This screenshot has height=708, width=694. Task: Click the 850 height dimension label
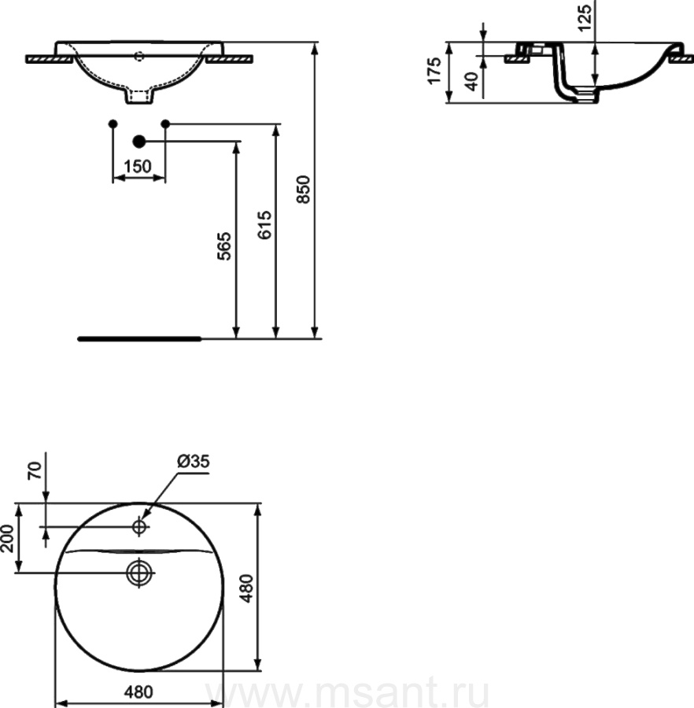click(x=304, y=190)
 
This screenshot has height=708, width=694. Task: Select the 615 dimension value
click(x=264, y=225)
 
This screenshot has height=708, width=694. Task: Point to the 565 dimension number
click(x=224, y=246)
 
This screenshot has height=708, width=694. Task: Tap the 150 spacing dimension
click(x=137, y=167)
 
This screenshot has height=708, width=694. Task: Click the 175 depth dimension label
click(x=434, y=71)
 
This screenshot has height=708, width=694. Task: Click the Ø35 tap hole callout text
click(x=194, y=461)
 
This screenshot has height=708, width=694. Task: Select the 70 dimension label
click(x=35, y=470)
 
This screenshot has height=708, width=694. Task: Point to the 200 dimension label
click(x=8, y=538)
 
